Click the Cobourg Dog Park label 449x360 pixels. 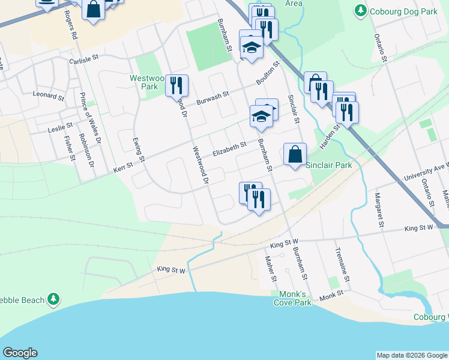click(402, 10)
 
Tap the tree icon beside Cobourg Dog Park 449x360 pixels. click(360, 10)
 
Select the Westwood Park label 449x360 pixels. click(144, 82)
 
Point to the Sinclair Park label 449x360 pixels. click(328, 165)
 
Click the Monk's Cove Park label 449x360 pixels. click(295, 298)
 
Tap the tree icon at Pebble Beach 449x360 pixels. click(54, 298)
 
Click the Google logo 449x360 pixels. click(20, 353)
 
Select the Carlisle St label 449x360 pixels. click(83, 61)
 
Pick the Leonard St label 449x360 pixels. click(49, 95)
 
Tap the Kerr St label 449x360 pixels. click(123, 171)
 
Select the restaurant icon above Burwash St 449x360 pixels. click(176, 85)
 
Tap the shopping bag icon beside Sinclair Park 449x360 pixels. click(295, 154)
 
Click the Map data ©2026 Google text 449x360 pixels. click(412, 355)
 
